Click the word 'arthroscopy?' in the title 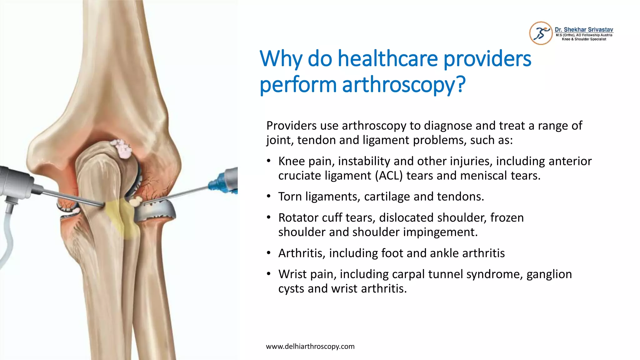point(404,85)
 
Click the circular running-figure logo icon point(541,33)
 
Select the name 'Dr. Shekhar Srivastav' point(584,30)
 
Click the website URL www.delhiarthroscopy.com point(310,346)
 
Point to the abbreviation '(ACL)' point(389,176)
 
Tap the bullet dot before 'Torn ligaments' point(268,197)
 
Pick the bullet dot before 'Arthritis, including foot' point(268,253)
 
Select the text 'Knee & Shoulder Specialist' point(584,39)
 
